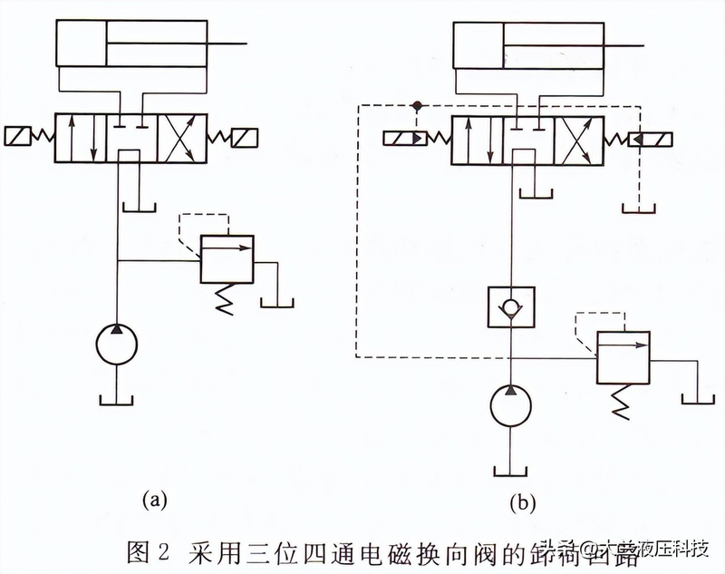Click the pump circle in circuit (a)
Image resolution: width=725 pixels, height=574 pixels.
pos(118,345)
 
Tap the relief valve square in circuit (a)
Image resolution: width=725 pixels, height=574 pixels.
pos(226,260)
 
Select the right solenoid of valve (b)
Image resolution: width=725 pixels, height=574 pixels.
pos(651,140)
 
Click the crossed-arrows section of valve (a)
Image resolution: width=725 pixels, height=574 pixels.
pos(182,138)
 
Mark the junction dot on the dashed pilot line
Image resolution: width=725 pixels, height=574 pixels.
pos(416,106)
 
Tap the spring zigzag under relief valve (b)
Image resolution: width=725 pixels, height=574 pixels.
pos(622,400)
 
